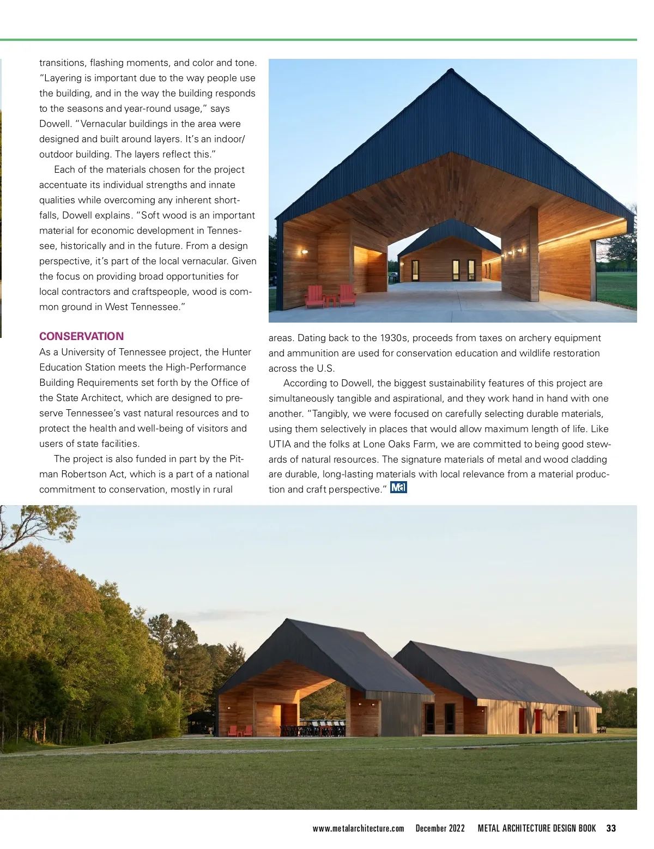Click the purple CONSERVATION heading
pos(81,336)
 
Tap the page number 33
pos(611,828)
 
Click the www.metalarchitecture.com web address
pos(358,828)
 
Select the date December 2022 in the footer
pos(440,828)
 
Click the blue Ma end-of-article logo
pos(398,488)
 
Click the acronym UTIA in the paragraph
pos(281,444)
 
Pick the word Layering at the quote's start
pos(64,78)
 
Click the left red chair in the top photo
pos(314,296)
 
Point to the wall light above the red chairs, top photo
pos(305,252)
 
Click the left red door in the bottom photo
pos(522,720)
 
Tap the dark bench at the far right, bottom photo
pos(602,729)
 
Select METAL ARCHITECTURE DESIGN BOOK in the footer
pos(537,828)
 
